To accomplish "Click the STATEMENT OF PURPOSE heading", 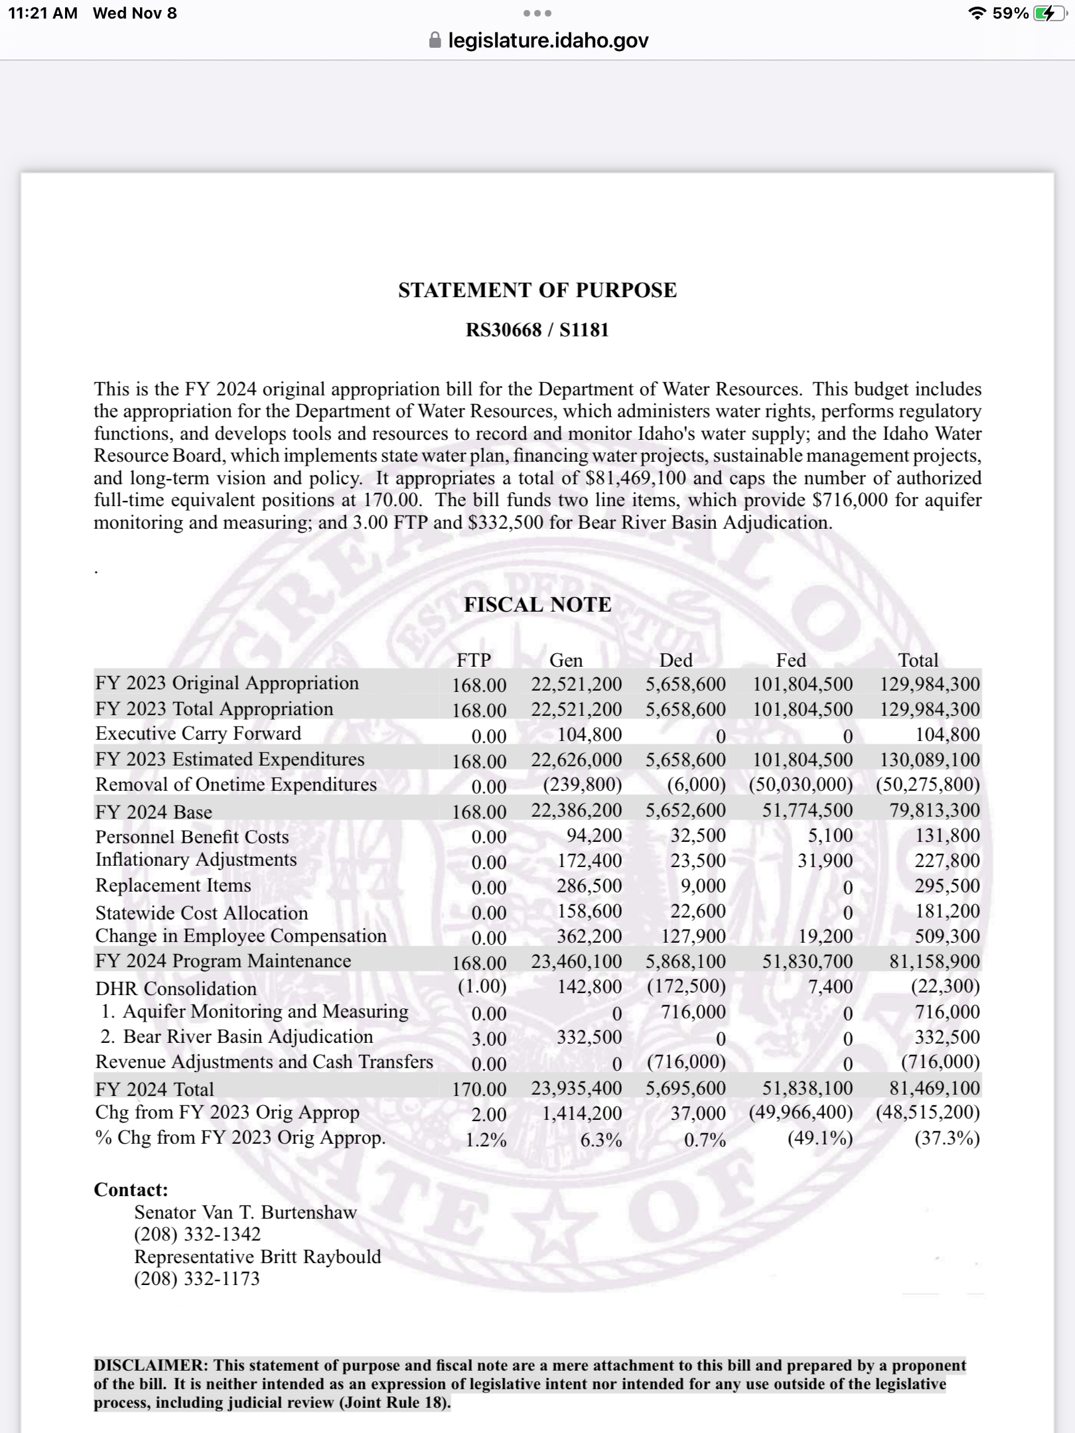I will click(x=537, y=290).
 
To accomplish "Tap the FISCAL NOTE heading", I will click(x=537, y=604).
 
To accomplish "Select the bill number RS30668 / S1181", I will click(x=537, y=330).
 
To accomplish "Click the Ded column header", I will click(x=676, y=660).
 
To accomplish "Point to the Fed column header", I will click(x=791, y=660).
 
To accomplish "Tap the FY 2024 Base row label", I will click(x=154, y=812).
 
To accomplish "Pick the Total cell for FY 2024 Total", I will click(x=934, y=1088).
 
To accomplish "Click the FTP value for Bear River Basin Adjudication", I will click(x=489, y=1038).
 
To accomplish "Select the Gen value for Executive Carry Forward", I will click(x=589, y=734).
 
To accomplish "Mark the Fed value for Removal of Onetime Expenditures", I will click(x=800, y=785).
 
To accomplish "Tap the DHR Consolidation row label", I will click(x=176, y=989).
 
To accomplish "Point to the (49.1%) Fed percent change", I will click(x=820, y=1138).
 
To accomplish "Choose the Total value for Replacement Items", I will click(x=947, y=886).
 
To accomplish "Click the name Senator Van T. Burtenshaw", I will click(x=246, y=1212).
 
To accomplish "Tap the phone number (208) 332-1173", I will click(x=197, y=1278).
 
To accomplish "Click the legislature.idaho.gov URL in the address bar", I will click(x=548, y=40).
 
